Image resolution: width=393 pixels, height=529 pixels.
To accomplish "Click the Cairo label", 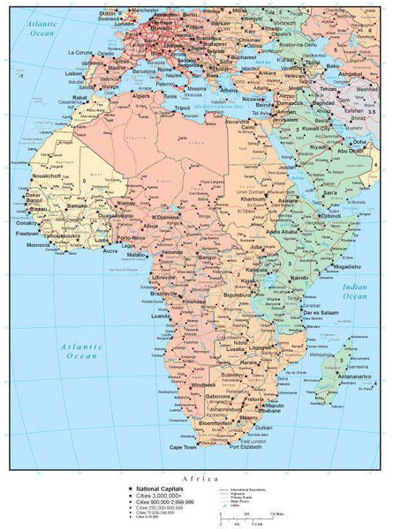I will point(248,127).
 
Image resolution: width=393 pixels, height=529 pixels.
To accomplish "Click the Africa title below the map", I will point(195,479).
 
